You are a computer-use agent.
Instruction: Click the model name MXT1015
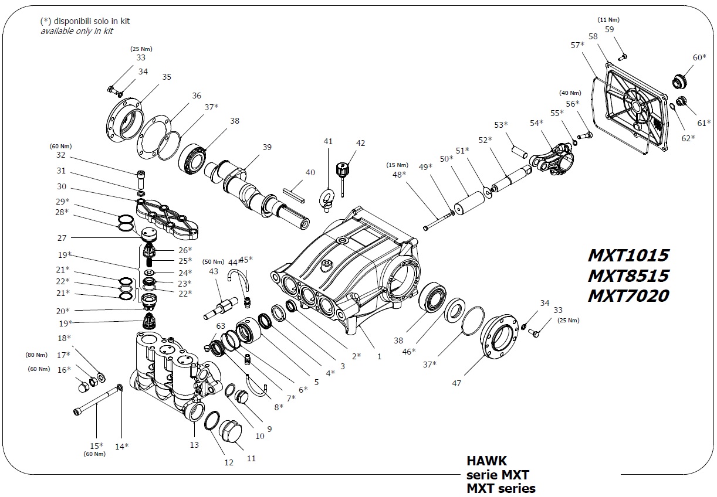(628, 256)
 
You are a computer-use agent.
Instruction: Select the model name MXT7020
(628, 296)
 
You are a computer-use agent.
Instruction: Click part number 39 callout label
(267, 147)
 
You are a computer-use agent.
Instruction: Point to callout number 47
(456, 383)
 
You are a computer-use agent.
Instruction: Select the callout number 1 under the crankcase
(379, 356)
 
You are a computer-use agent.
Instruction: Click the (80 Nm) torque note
(36, 355)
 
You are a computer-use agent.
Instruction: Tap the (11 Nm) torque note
(608, 20)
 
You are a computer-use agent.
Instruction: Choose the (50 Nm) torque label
(214, 261)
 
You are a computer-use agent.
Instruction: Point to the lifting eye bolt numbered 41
(327, 197)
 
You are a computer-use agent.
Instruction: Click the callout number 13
(194, 445)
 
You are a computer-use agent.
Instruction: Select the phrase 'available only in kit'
(76, 31)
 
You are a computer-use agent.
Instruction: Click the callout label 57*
(577, 45)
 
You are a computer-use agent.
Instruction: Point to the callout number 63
(221, 326)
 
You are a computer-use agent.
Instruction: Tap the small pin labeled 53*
(519, 149)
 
